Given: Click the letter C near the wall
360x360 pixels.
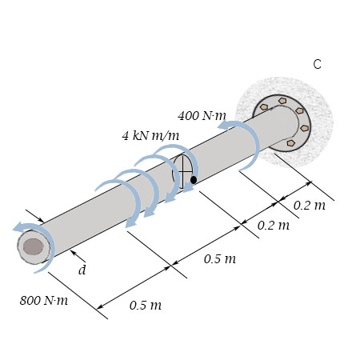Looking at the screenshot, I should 317,65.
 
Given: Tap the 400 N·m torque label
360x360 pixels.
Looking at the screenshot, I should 202,116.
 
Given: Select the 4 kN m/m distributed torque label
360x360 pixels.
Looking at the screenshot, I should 150,136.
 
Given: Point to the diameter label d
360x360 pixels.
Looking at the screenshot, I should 82,270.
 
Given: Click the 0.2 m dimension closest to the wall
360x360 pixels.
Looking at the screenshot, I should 309,206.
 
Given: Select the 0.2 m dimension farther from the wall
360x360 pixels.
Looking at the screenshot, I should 274,226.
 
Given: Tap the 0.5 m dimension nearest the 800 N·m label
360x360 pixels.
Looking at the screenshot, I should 145,305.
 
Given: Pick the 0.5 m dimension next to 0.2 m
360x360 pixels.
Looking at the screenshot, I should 219,258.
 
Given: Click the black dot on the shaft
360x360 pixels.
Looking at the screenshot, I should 194,180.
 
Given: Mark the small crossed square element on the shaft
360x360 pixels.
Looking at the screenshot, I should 183,170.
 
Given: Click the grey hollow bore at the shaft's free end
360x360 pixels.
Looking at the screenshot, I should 33,246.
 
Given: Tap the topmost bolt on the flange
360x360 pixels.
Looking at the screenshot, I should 282,101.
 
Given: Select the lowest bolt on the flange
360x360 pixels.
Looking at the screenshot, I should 290,143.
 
